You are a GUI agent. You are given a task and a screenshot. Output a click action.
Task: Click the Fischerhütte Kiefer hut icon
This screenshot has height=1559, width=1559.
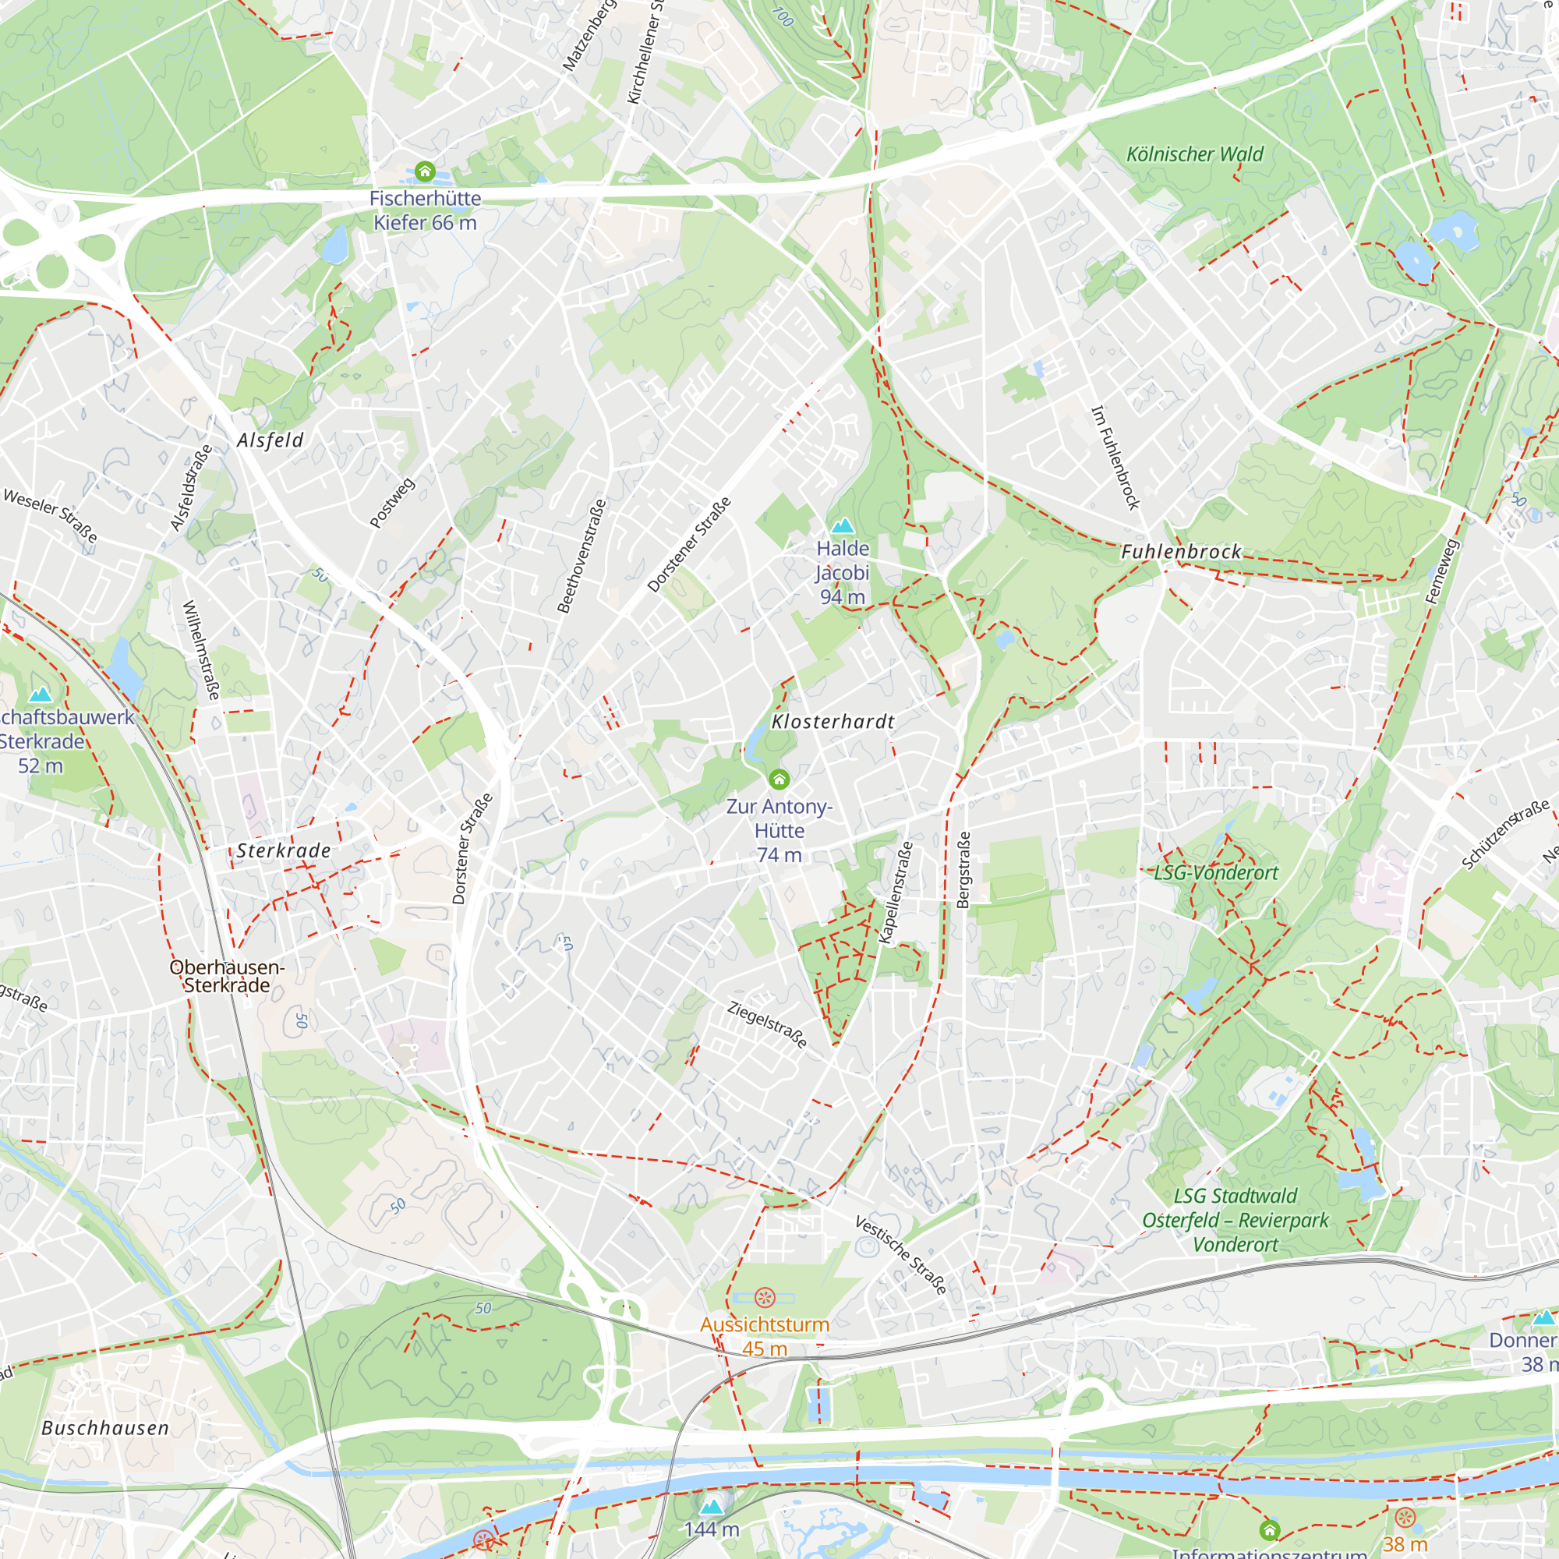click(x=425, y=171)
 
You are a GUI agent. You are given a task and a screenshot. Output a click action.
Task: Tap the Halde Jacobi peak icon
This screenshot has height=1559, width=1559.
click(x=843, y=526)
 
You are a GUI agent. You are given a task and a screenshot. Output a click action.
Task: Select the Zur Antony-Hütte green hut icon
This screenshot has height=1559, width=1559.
click(x=779, y=779)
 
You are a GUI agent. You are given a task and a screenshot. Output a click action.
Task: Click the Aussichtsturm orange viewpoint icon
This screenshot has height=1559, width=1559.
click(x=764, y=1298)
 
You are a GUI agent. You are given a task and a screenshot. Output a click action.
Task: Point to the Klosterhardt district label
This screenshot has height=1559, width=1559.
click(x=833, y=721)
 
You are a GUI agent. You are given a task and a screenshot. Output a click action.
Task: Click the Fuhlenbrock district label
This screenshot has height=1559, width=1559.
click(x=1182, y=552)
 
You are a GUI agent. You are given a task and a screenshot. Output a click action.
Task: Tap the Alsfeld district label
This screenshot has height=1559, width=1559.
click(x=270, y=440)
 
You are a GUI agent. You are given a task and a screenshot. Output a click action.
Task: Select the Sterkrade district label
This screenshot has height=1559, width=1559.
click(x=284, y=850)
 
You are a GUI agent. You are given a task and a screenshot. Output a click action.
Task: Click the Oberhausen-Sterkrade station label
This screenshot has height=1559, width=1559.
click(x=227, y=976)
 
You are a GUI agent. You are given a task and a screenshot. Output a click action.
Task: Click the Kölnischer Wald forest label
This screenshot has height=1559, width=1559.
click(x=1194, y=154)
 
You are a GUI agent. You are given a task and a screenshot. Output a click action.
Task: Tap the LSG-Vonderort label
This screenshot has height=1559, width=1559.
click(x=1216, y=872)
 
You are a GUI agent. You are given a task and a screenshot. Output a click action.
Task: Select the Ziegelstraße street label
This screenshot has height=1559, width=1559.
click(x=766, y=1024)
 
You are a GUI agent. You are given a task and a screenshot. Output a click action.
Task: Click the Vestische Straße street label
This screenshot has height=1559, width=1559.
click(x=900, y=1256)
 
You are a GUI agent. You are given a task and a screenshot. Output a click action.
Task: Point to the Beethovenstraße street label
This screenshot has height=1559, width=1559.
click(x=582, y=556)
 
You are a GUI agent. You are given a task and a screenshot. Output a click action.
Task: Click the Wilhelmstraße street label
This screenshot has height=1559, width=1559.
click(x=201, y=649)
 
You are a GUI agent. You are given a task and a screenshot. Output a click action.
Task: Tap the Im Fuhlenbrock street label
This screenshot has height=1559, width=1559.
click(x=1115, y=457)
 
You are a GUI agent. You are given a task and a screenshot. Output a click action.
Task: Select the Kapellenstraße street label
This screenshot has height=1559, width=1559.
click(x=896, y=893)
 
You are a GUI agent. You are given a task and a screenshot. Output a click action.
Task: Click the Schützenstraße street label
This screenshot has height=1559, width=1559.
click(x=1506, y=835)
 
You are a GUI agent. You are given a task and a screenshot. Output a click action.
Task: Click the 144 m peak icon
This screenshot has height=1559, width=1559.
click(x=711, y=1507)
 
